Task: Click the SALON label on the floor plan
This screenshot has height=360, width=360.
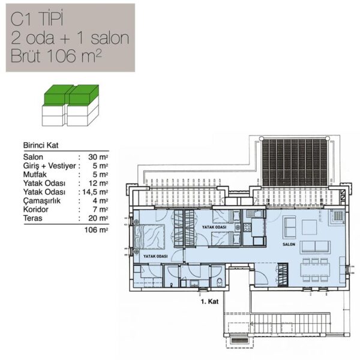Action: coord(289,244)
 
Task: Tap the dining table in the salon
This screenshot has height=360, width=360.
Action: coord(315,270)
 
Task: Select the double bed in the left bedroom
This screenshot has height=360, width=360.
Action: coord(149,237)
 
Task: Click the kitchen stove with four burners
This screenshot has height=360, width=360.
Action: coord(247,227)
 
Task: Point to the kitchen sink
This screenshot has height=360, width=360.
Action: coord(254,214)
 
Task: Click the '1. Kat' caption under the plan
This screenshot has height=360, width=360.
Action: coord(209,301)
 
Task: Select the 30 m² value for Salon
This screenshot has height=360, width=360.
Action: coord(98,157)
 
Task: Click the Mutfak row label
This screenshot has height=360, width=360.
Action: coord(35,175)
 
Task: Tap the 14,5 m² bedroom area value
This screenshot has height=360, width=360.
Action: coord(95,192)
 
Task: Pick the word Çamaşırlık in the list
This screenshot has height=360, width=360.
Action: coord(41,201)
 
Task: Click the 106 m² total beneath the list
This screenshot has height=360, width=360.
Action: coord(96,230)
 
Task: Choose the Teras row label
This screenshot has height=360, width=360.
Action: coord(32,218)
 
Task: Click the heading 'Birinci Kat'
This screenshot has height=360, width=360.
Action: coord(41,145)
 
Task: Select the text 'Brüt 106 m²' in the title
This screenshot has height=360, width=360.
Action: coord(56,56)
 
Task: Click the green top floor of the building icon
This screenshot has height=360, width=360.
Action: coord(71,94)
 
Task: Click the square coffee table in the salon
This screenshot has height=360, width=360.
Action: coord(309,227)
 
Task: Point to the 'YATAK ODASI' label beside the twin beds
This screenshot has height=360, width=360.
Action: coord(214,227)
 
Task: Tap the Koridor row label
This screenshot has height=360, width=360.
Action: coord(35,209)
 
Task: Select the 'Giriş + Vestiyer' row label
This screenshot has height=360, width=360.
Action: coord(49,166)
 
